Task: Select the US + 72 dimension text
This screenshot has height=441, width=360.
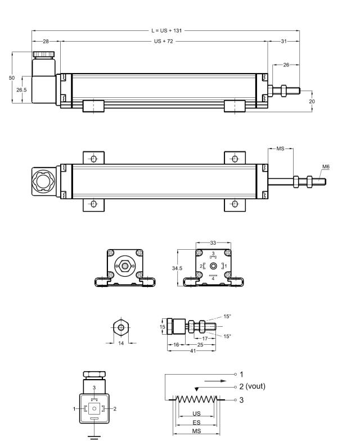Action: coord(164,41)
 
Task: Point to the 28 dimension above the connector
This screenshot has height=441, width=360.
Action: coord(45,41)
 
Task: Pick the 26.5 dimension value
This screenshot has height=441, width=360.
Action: coord(21,89)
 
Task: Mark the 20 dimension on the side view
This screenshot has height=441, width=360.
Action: coord(312,101)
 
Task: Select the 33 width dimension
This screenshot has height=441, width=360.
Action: coord(213,242)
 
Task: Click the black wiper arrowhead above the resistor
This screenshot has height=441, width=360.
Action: coord(195,388)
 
